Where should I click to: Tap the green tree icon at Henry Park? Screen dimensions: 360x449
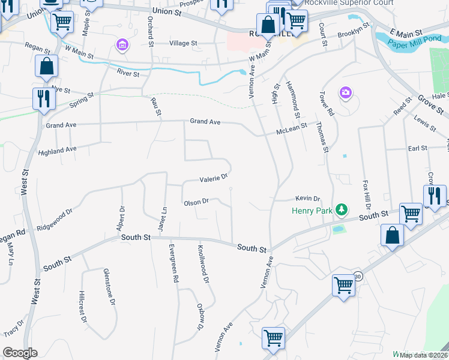coord(341,209)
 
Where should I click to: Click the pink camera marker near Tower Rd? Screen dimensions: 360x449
coord(345,92)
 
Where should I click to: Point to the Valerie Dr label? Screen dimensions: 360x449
coord(214,178)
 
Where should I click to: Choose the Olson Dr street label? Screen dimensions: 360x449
coord(196,202)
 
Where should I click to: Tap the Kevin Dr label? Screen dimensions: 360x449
coord(308,199)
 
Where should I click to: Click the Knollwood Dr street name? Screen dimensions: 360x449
coord(204,263)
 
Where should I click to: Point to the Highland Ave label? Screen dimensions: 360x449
coord(57,149)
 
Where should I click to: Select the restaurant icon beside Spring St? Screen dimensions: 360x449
coord(43,98)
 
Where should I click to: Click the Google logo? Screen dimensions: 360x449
coord(19,353)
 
